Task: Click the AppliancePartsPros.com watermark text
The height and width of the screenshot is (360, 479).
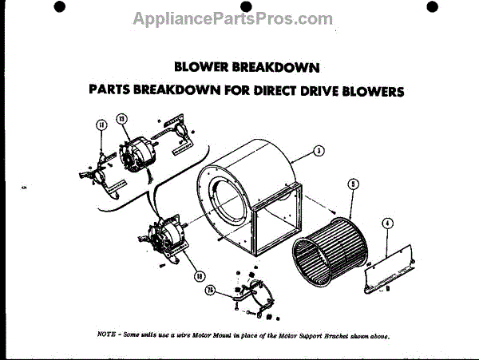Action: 232,18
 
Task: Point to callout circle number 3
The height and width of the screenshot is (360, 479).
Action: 318,150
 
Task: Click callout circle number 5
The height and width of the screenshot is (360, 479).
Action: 353,184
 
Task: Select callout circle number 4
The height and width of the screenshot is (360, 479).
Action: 386,224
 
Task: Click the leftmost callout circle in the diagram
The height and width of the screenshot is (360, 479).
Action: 101,125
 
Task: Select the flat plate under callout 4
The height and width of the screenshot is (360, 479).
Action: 391,267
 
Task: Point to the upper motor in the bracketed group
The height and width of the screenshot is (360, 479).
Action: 138,154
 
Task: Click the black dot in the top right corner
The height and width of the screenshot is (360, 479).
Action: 432,7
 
